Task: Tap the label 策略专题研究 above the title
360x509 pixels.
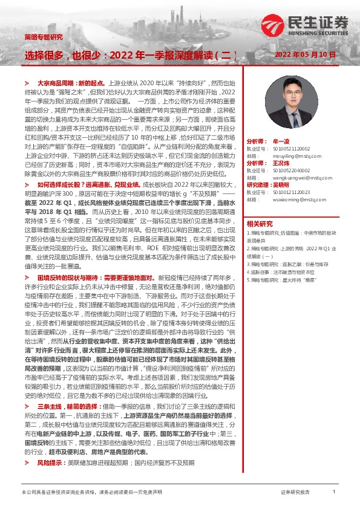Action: [x=43, y=37]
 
